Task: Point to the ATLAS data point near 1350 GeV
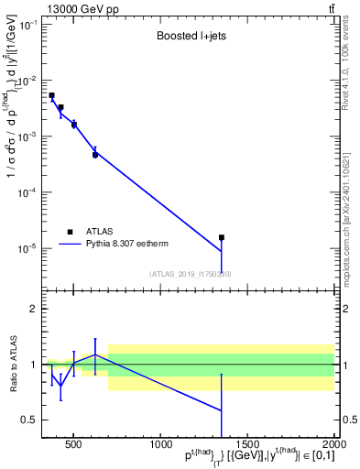pyautogui.click(x=222, y=237)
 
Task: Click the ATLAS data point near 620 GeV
pyautogui.click(x=95, y=155)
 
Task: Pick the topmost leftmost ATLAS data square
pyautogui.click(x=51, y=95)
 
